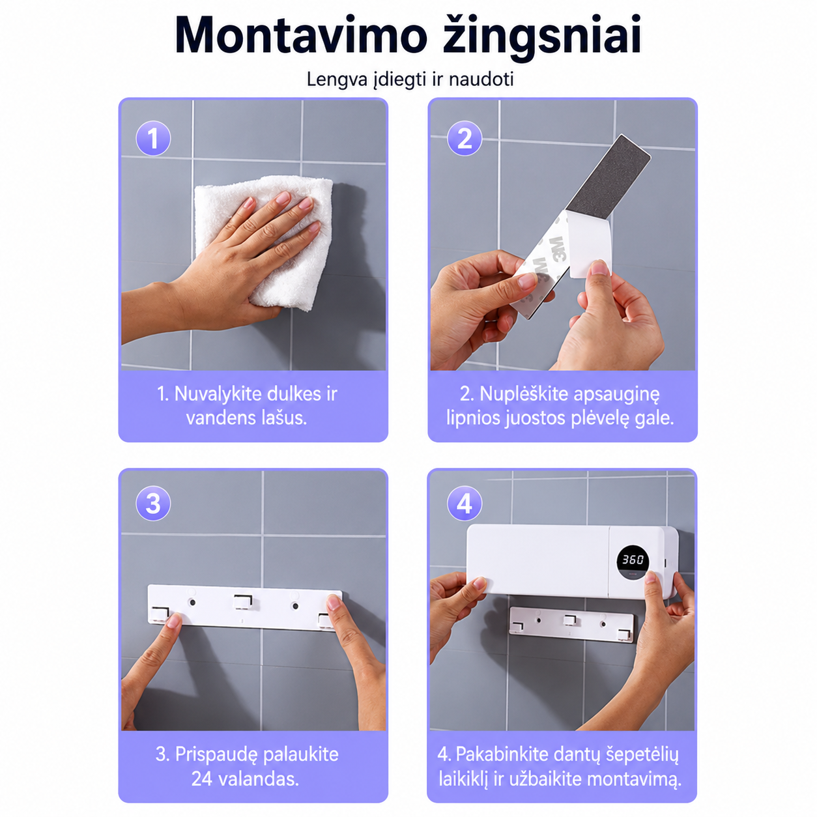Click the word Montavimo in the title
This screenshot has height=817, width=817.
pos(300,35)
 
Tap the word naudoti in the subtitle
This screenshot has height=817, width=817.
pos(481,79)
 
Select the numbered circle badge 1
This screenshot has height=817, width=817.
pos(153,138)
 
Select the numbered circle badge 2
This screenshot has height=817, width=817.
pos(465,138)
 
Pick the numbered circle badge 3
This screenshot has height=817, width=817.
pos(153,503)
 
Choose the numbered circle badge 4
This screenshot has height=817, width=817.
pos(465,503)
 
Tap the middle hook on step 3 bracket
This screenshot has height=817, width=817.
pos(243,601)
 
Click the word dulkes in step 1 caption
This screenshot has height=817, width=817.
pos(290,394)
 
